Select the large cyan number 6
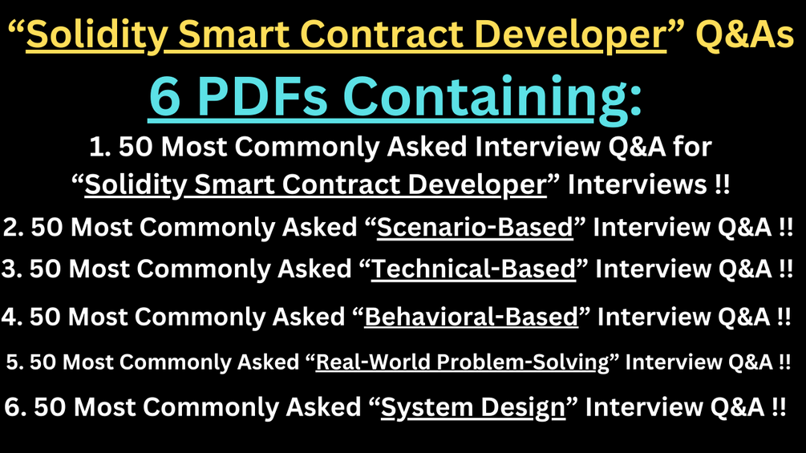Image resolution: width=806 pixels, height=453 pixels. click(x=168, y=98)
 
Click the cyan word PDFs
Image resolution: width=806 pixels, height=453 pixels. click(x=276, y=98)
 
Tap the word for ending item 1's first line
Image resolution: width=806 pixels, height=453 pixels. click(x=692, y=148)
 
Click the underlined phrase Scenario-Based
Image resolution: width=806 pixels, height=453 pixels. click(x=475, y=228)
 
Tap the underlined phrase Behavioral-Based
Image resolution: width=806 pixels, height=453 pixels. click(x=472, y=317)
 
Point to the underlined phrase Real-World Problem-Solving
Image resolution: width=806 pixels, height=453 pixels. click(x=463, y=362)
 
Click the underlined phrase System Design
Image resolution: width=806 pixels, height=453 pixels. click(x=473, y=407)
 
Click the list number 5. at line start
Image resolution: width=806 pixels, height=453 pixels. click(x=14, y=362)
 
